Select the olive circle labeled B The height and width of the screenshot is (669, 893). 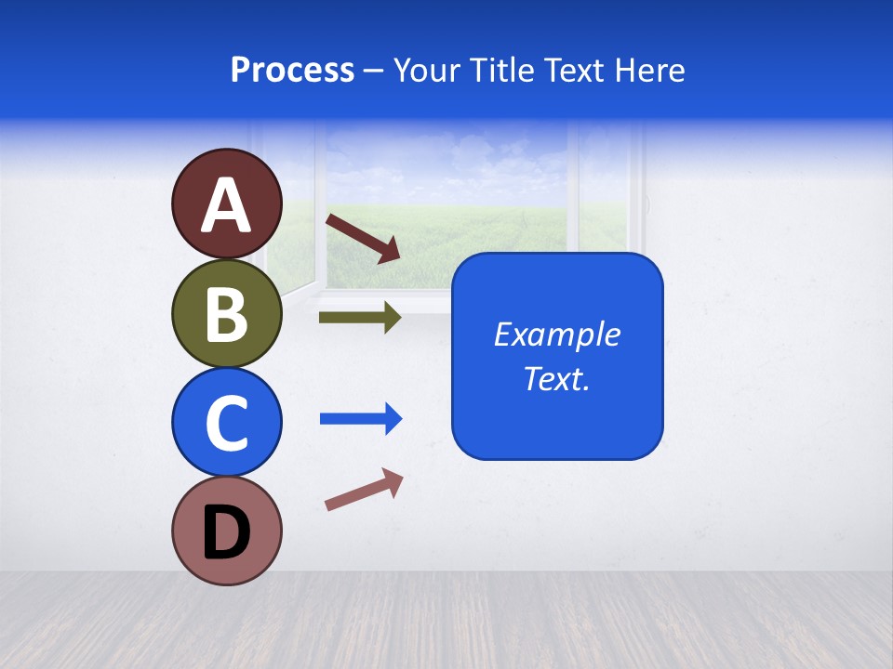click(x=226, y=314)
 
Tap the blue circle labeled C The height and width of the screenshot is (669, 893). click(x=226, y=422)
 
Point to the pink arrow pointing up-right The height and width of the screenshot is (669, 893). click(x=364, y=490)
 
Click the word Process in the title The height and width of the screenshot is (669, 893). click(x=292, y=70)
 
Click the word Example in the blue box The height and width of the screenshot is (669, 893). click(x=556, y=334)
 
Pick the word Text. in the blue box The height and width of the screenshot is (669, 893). click(x=556, y=379)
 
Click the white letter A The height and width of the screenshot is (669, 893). click(x=226, y=205)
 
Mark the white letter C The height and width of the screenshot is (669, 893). click(x=226, y=423)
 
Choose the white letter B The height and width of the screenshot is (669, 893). click(x=226, y=314)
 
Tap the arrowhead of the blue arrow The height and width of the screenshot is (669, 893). click(x=392, y=419)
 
